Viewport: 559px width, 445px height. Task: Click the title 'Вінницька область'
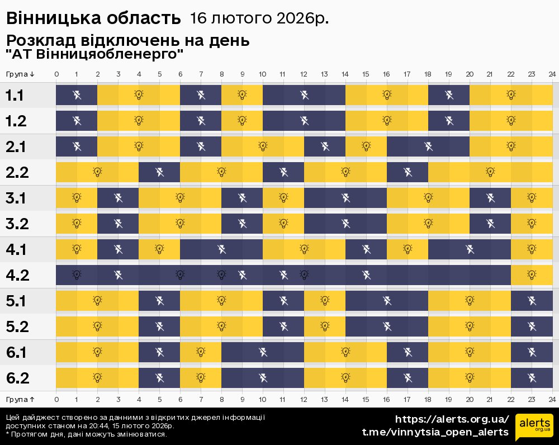point(94,18)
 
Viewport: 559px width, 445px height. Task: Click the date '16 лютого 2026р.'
point(259,18)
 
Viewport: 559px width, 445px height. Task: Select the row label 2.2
point(17,172)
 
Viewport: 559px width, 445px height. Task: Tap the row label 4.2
point(17,275)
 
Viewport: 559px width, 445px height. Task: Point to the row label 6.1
point(17,352)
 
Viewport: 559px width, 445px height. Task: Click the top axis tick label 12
point(304,74)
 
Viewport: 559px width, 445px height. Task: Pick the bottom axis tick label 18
point(428,400)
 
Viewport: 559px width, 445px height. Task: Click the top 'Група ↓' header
point(21,74)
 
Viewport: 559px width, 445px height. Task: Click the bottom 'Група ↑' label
point(21,400)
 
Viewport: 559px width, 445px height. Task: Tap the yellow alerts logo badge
point(534,428)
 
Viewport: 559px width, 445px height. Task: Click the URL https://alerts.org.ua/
point(452,419)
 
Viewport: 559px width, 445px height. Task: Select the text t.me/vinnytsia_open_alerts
point(435,432)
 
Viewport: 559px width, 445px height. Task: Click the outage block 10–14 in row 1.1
point(304,95)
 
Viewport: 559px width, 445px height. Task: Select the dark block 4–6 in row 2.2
point(159,172)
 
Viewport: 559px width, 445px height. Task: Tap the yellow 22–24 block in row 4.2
point(532,275)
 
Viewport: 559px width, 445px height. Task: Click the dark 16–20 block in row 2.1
point(428,146)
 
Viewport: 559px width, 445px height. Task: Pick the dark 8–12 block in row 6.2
point(263,378)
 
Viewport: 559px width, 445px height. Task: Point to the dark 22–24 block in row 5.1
point(532,301)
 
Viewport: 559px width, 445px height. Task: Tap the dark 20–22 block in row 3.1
point(490,198)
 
